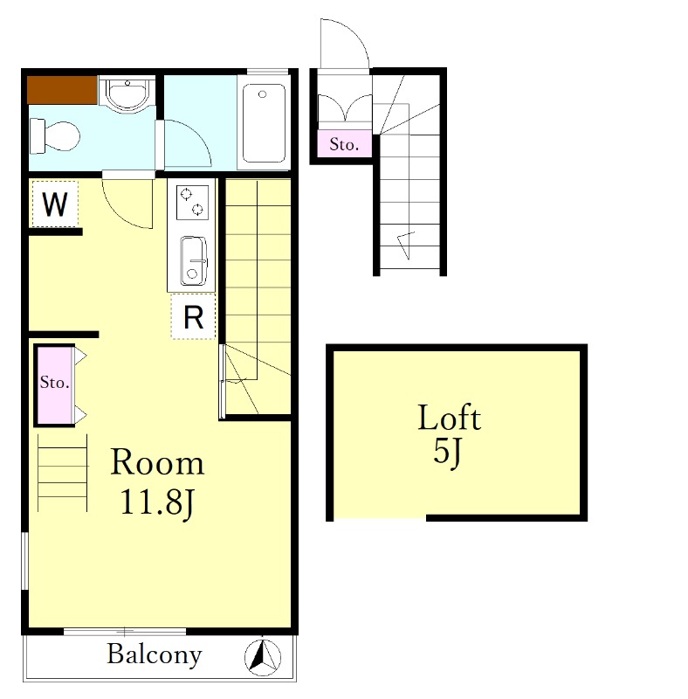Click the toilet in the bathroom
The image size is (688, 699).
[54, 136]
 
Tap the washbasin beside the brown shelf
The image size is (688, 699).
[127, 95]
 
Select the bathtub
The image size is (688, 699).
[264, 122]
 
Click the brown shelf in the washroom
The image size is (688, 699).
[62, 90]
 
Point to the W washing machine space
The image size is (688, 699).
[55, 204]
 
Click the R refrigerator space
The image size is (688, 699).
[193, 316]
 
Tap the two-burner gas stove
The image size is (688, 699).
[192, 203]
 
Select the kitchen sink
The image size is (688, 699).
[193, 260]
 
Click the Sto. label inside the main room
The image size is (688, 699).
[55, 382]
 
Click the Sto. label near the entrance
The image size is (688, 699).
[344, 144]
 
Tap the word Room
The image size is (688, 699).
[157, 462]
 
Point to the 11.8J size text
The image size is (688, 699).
[157, 502]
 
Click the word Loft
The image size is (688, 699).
[449, 418]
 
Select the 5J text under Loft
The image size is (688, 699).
[448, 453]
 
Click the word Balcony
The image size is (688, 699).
[155, 654]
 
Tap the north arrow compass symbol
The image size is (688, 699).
[263, 657]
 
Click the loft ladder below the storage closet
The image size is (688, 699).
[62, 473]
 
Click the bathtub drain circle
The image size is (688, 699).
[263, 94]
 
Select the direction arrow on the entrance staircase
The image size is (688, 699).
[406, 245]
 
